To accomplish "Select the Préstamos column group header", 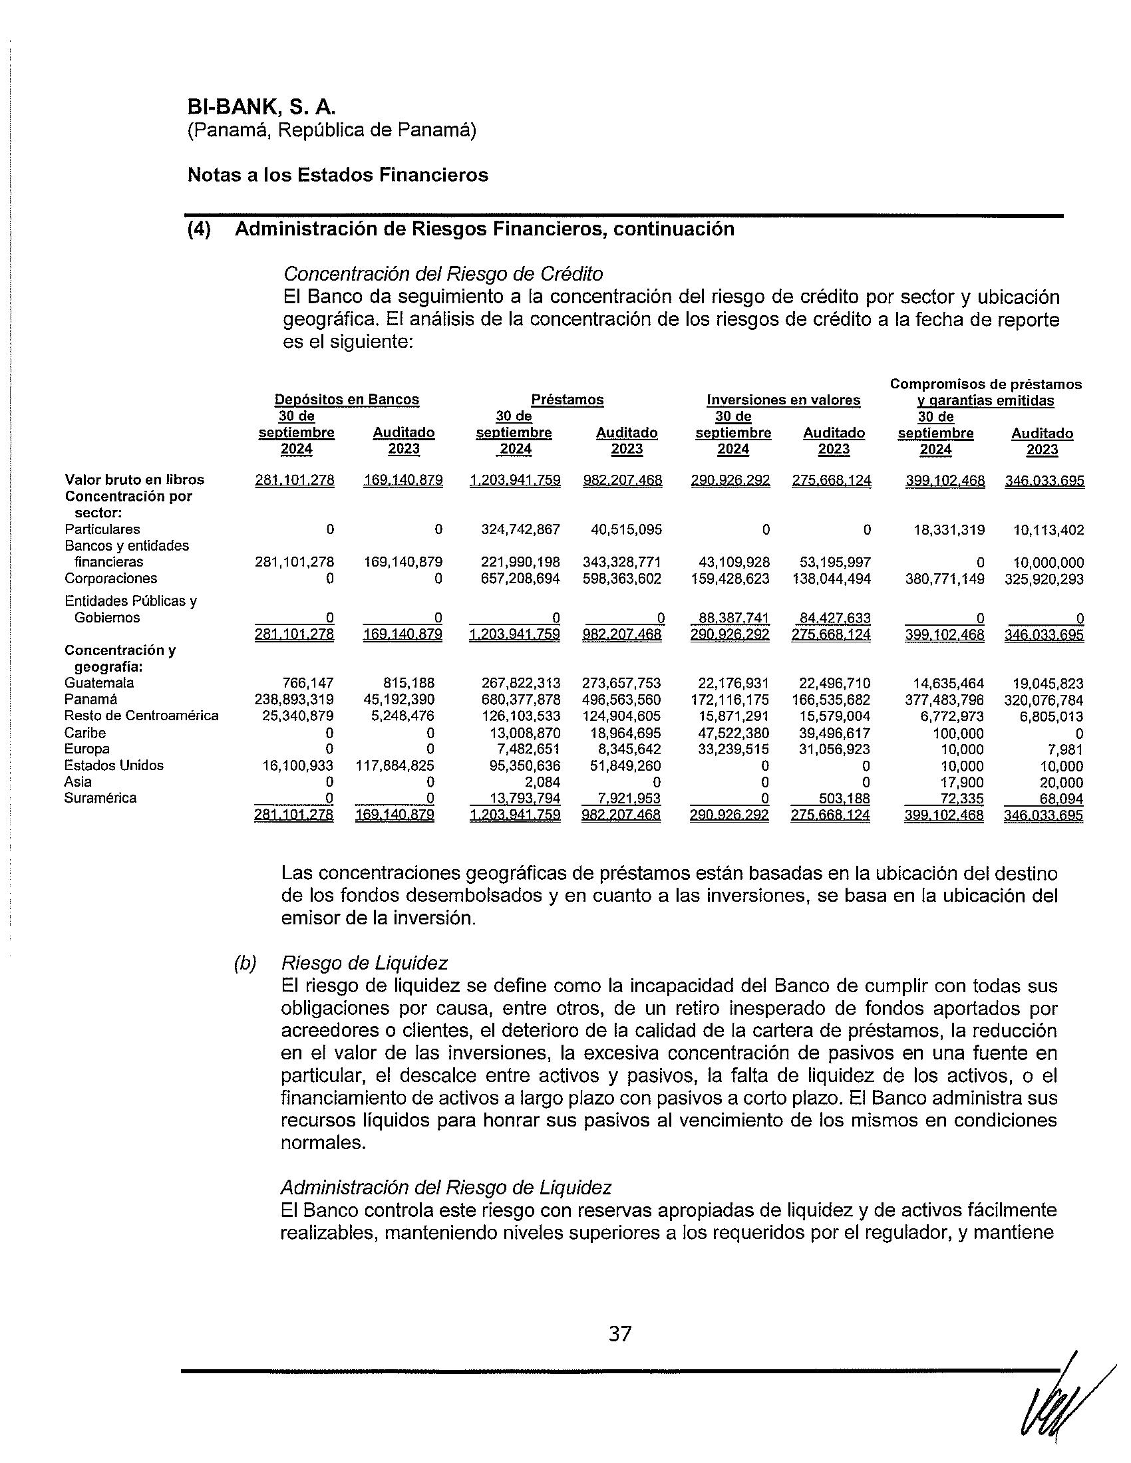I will [567, 400].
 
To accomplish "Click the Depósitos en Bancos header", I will [347, 400].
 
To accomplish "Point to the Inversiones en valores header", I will [782, 400].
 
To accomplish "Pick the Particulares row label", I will [102, 529].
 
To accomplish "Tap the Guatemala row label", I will [99, 682].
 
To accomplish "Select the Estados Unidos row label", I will [114, 765].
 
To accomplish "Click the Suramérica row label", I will [100, 798].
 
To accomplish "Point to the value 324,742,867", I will [521, 530].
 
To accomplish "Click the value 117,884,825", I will [395, 765].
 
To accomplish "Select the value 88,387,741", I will [731, 618].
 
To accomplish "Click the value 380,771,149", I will [945, 579].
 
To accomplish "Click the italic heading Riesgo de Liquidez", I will [364, 963].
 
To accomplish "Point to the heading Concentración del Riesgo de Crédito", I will [443, 273].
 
